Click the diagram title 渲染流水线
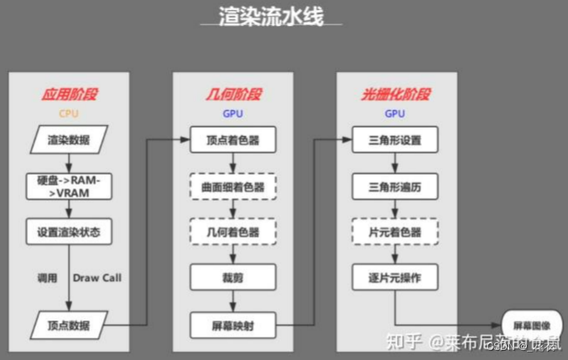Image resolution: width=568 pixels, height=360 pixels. (271, 16)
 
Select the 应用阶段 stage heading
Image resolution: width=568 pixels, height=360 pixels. (68, 95)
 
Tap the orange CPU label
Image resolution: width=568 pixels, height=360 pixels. (68, 113)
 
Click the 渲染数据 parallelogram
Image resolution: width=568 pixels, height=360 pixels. (68, 139)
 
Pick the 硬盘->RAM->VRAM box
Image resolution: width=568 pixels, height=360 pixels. (68, 185)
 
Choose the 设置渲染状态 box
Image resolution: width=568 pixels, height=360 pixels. (68, 232)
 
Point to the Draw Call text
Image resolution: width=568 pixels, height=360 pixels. (97, 278)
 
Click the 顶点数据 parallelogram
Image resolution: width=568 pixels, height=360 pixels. (68, 324)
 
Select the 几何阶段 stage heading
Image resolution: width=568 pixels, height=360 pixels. (232, 95)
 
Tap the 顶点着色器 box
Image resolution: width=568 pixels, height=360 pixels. (232, 139)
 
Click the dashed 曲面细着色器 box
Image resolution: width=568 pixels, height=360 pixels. (232, 185)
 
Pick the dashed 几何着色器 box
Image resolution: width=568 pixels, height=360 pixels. (232, 232)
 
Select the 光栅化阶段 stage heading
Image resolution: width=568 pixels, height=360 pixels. (395, 95)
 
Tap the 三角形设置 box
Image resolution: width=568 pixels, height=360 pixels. (395, 139)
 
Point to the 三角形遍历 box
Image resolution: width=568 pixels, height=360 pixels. (395, 185)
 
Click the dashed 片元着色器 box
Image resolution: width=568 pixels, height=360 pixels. (395, 232)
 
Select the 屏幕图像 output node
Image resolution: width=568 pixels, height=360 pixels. (529, 323)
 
